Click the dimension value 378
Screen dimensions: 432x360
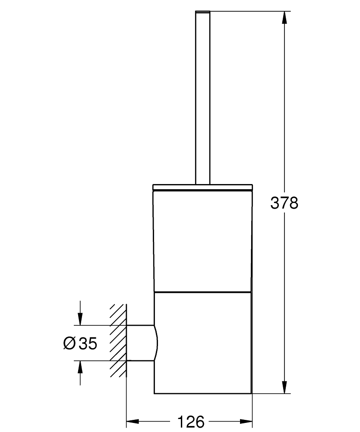[284, 203]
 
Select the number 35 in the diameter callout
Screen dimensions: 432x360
[88, 343]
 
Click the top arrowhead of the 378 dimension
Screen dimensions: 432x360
[284, 17]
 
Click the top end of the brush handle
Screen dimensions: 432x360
[203, 12]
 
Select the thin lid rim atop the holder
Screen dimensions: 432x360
[202, 187]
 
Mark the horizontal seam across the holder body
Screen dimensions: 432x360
[202, 292]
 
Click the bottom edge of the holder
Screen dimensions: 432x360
[202, 394]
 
